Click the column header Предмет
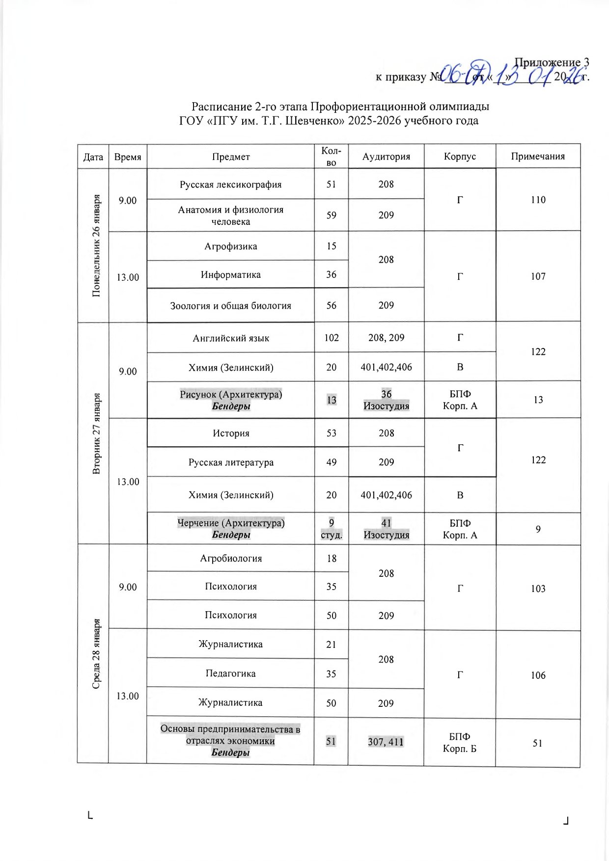click(x=231, y=157)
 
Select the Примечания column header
click(x=538, y=157)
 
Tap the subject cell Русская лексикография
click(x=231, y=185)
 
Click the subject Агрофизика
click(x=231, y=246)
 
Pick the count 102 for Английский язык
click(x=332, y=338)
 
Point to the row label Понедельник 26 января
click(x=97, y=245)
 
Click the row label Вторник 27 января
click(x=97, y=433)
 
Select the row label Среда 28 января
click(x=97, y=653)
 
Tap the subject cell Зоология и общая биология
click(x=231, y=306)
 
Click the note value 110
click(x=538, y=200)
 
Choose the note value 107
click(x=538, y=276)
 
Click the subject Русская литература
click(x=231, y=462)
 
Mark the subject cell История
click(x=231, y=433)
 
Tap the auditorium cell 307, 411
click(x=386, y=742)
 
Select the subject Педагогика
click(x=231, y=673)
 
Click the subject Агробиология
click(x=231, y=559)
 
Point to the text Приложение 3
click(x=552, y=63)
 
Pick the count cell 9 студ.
click(x=332, y=529)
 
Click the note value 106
click(x=538, y=675)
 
